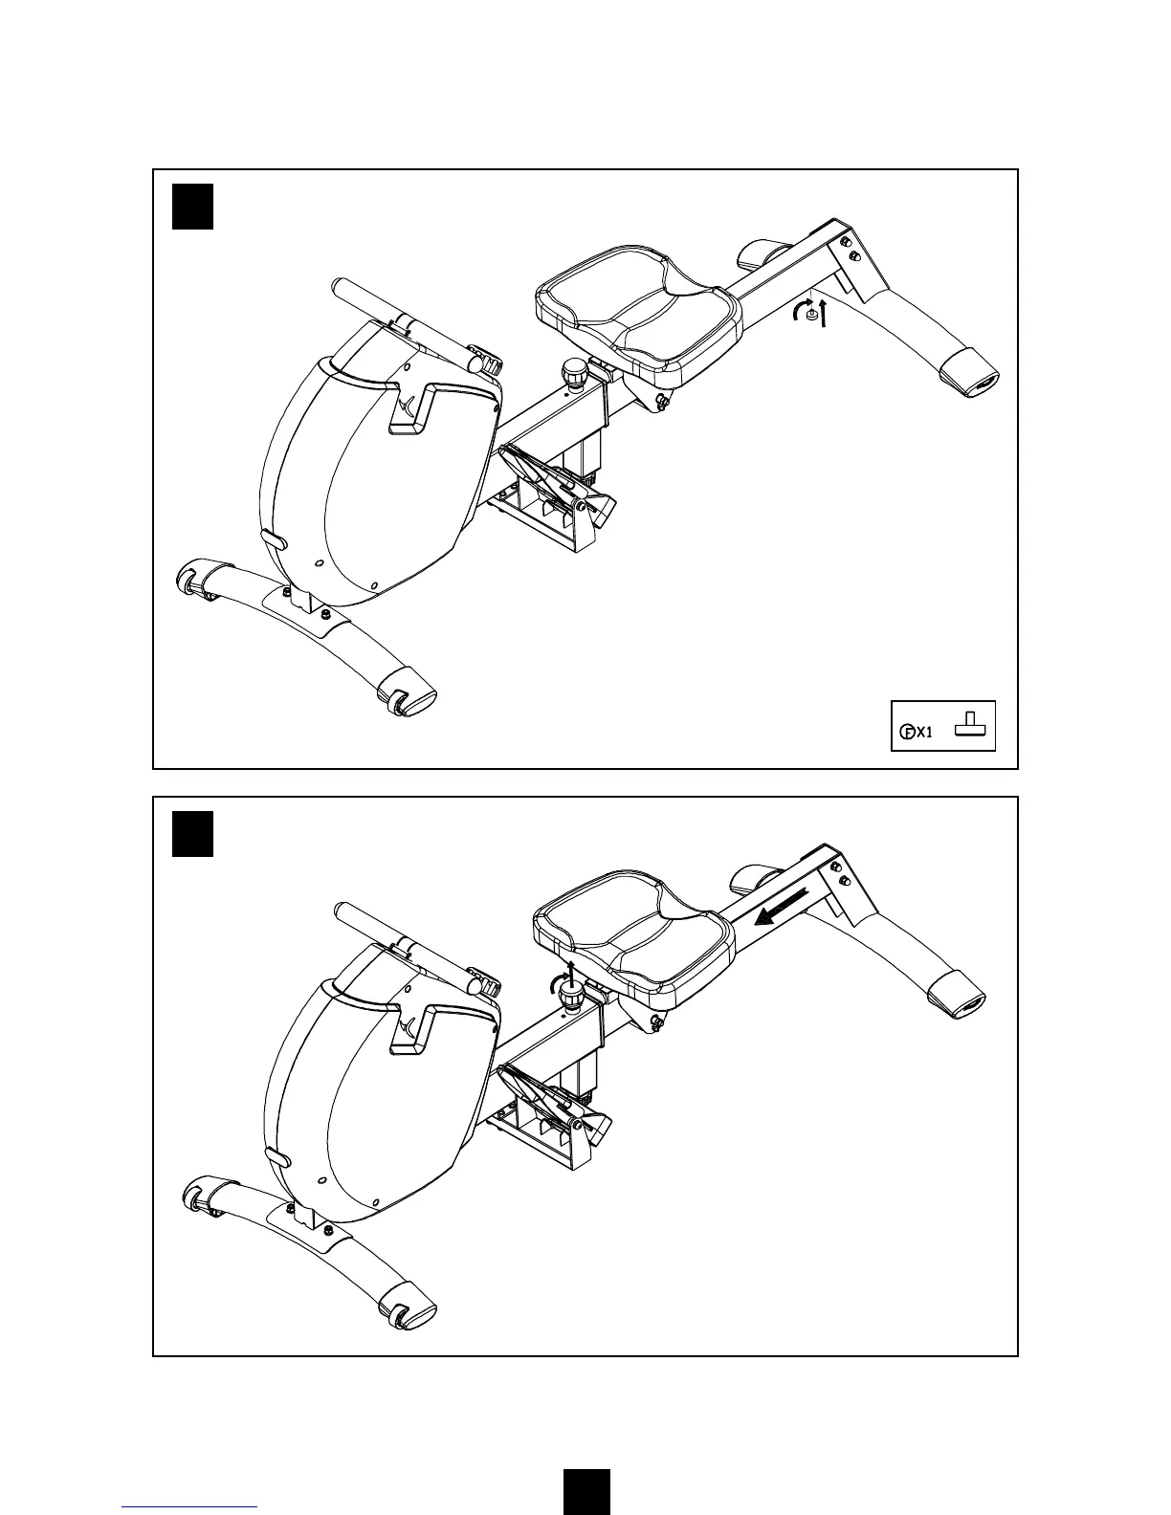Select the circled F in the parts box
[907, 734]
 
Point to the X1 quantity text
[924, 734]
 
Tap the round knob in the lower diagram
[572, 999]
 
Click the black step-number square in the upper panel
[191, 207]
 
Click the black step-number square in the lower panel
[191, 834]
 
